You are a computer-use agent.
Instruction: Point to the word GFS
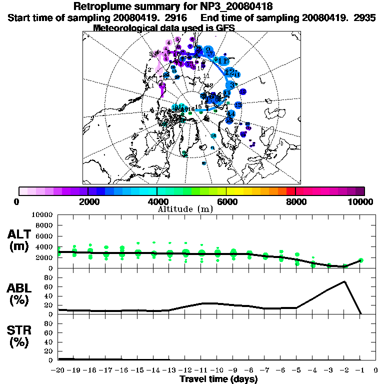tap(225, 27)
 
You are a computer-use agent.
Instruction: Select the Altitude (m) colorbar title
tap(185, 208)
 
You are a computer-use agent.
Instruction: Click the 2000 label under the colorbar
tap(88, 201)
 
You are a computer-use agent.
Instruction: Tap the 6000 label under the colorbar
tap(226, 201)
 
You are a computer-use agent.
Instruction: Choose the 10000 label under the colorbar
tap(361, 201)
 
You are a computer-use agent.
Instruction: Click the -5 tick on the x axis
tap(297, 370)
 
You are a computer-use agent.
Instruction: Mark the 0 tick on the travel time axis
tap(375, 370)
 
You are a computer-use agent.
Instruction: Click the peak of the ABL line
tap(344, 281)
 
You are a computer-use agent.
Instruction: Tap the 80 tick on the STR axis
tap(49, 323)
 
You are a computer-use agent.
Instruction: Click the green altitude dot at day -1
tap(360, 260)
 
